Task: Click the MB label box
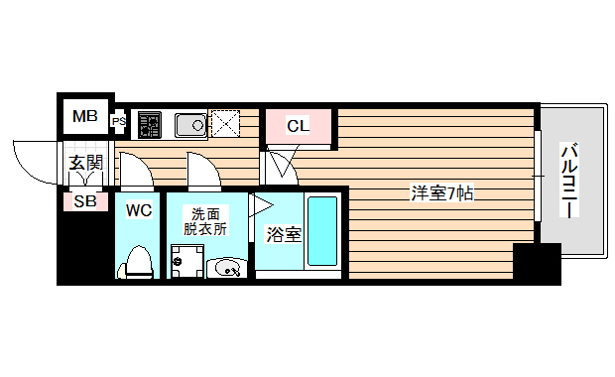[84, 117]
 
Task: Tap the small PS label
[119, 122]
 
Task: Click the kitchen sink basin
[189, 124]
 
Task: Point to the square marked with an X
[227, 124]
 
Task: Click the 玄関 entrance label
[85, 162]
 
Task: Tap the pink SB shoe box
[85, 201]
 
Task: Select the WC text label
[138, 210]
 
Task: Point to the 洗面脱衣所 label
[205, 219]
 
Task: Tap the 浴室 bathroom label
[285, 235]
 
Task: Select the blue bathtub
[322, 231]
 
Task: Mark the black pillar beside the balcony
[537, 263]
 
